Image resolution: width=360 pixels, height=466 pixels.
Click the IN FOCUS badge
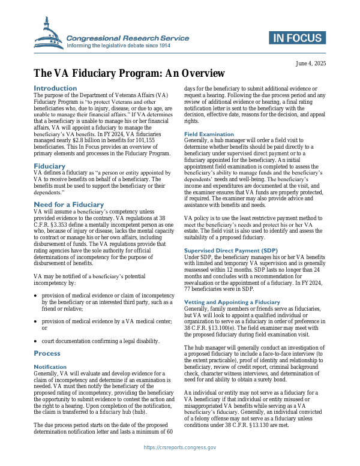coord(299,38)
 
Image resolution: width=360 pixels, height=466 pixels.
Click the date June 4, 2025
coord(311,63)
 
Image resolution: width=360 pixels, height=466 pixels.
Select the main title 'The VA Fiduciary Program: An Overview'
coord(129,74)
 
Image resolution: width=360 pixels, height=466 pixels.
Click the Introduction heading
coord(55,88)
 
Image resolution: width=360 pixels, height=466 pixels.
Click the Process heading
coord(47,353)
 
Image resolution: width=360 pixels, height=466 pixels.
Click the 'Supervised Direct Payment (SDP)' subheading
coord(231,249)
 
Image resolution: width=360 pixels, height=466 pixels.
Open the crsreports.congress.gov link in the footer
coord(180,447)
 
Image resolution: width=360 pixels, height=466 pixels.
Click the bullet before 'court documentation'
coord(37,341)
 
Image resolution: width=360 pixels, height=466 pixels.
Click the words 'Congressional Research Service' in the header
coord(128,38)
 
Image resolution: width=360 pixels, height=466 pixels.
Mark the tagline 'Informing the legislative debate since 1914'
coord(127,46)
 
